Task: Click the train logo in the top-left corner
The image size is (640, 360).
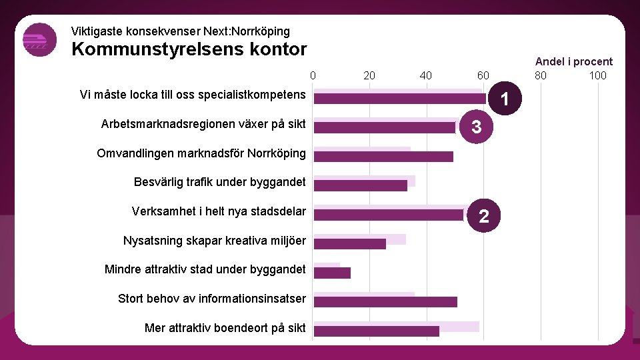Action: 39,40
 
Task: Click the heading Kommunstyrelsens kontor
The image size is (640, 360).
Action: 189,49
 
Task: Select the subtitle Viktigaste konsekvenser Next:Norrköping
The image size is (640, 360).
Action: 180,31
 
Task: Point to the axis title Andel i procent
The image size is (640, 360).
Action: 573,61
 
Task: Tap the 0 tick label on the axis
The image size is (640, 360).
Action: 313,75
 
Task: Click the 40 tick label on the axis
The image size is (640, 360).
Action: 426,75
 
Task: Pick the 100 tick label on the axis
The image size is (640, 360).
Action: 597,75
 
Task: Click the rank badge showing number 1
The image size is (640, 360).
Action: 505,99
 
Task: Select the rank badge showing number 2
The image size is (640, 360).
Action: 484,215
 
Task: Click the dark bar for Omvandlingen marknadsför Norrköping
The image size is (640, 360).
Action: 383,157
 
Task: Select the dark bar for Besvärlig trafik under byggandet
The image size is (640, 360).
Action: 361,186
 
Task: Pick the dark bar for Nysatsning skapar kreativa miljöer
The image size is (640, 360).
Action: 350,244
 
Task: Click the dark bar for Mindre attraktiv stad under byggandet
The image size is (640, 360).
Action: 332,273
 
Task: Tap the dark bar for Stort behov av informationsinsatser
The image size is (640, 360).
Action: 385,302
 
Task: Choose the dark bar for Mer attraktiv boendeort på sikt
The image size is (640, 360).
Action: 377,331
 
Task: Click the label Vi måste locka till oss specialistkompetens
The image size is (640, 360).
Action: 192,95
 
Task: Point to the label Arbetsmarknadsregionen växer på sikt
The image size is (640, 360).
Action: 203,124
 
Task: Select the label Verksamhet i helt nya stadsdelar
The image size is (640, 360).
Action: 219,211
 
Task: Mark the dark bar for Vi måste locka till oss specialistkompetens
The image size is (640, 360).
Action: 400,99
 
